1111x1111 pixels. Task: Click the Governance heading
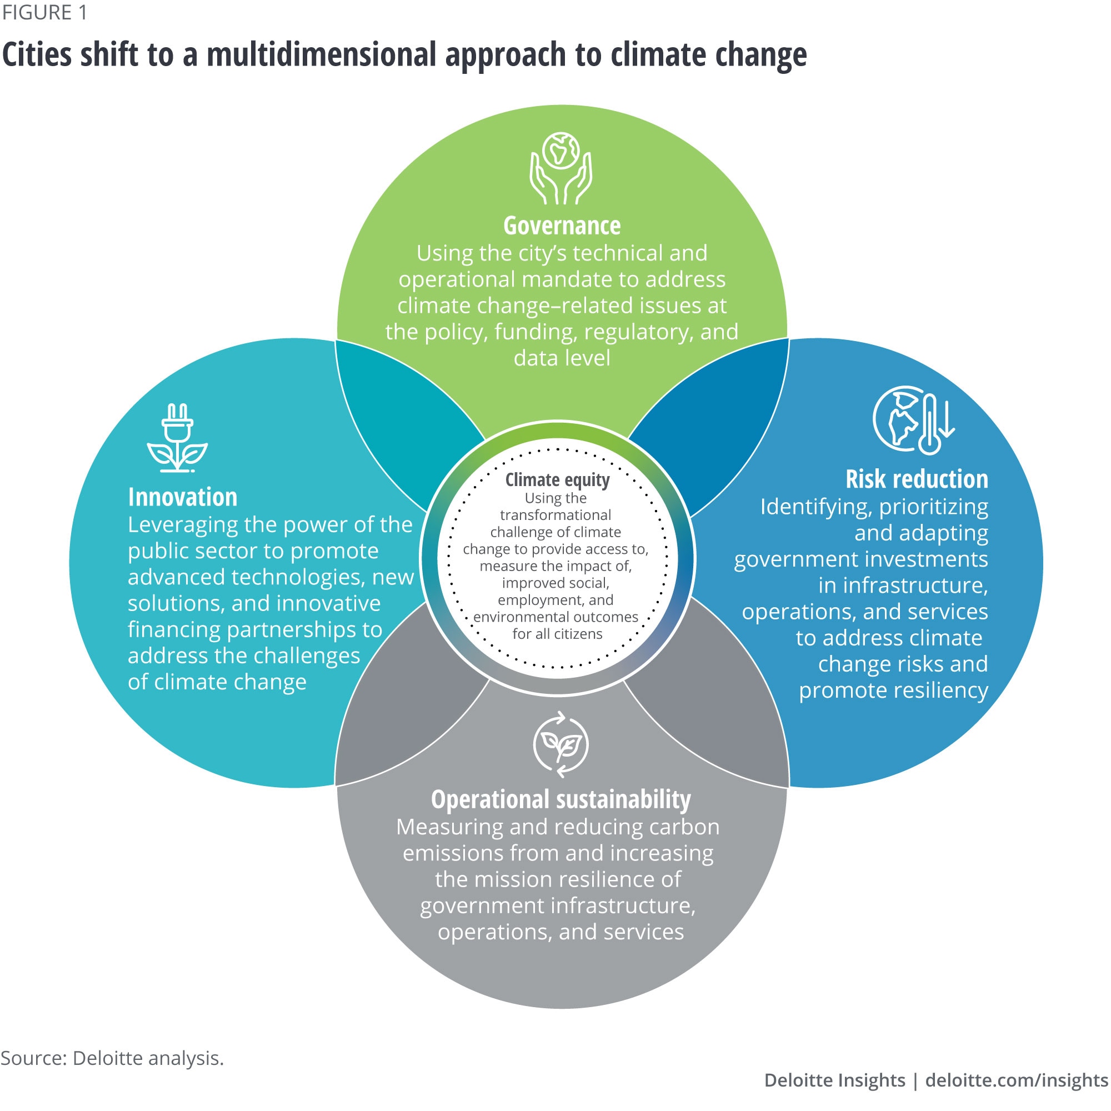561,226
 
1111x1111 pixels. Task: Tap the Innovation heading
182,497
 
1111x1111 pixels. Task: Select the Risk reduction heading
916,479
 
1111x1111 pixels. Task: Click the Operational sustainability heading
560,799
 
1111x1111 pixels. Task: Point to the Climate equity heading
557,479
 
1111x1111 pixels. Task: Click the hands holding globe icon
560,168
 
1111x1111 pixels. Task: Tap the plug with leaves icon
177,438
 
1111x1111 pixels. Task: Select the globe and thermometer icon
913,420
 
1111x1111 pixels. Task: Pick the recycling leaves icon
560,745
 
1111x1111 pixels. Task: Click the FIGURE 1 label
44,13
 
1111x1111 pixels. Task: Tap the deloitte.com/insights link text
1017,1080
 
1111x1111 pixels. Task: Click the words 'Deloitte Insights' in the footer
834,1080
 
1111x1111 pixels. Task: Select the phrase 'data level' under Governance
562,358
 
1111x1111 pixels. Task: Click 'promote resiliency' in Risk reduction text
893,690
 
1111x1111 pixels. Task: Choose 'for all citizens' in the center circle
557,634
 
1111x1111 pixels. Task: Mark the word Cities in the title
37,54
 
